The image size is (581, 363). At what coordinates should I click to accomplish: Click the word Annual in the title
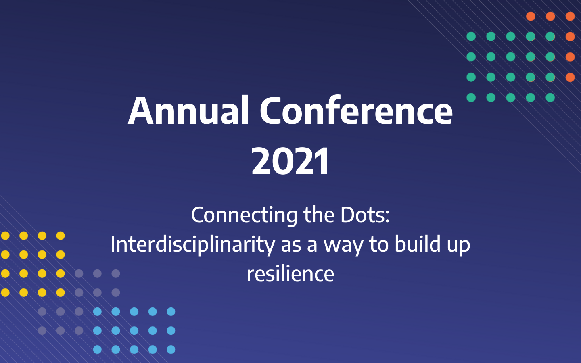(x=188, y=111)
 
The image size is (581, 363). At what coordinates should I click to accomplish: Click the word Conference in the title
(x=356, y=111)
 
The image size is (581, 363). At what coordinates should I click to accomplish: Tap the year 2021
(x=290, y=162)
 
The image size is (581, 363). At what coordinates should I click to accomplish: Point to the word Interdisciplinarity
(x=192, y=244)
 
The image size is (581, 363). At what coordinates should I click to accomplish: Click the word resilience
(x=290, y=274)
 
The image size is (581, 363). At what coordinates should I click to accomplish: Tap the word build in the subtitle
(x=417, y=244)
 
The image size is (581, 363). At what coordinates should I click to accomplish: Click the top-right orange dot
(x=570, y=16)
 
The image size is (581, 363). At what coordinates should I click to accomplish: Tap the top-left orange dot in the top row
(x=531, y=16)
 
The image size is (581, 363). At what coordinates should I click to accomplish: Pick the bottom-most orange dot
(x=570, y=77)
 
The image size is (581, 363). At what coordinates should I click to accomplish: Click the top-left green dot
(x=471, y=36)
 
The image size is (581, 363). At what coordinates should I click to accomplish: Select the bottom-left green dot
(x=471, y=97)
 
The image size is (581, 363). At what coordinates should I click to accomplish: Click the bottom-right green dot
(x=550, y=97)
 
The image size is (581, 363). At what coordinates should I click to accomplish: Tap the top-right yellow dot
(x=61, y=236)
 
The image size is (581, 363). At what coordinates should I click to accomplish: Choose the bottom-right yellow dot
(x=61, y=292)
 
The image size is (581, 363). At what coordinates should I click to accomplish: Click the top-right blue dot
(x=171, y=311)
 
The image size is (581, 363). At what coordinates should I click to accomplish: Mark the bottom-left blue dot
(x=97, y=349)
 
